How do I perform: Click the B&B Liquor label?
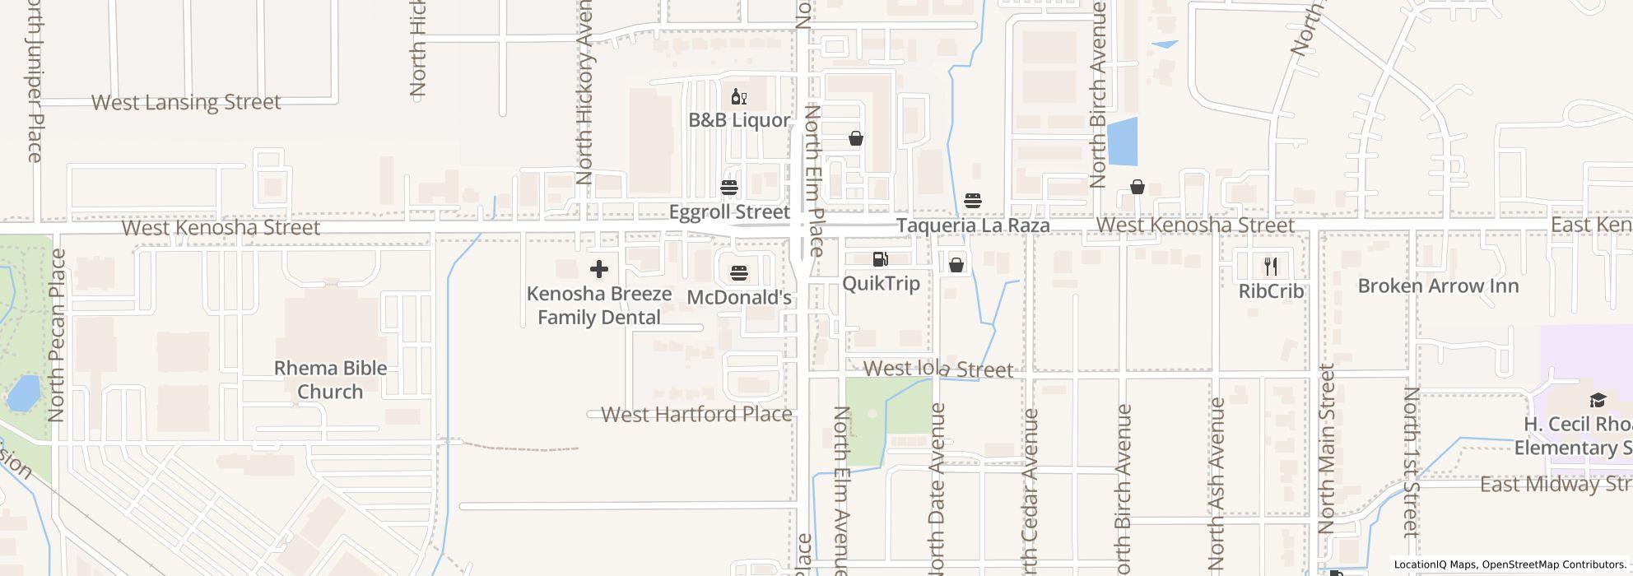tap(738, 120)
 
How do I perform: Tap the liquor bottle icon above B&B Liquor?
tap(738, 98)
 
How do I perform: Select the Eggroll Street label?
tap(728, 212)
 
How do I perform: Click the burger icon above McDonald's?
tap(738, 272)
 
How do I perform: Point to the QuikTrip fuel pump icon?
tap(880, 260)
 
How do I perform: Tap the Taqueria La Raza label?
tap(972, 225)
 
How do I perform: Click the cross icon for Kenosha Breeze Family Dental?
tap(599, 269)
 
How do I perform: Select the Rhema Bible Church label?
tap(330, 379)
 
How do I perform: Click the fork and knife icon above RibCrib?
tap(1271, 266)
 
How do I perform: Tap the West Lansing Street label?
tap(186, 103)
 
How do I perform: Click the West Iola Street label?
tap(938, 369)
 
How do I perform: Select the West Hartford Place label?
tap(696, 414)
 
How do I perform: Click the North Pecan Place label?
tap(57, 336)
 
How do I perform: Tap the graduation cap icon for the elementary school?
tap(1597, 401)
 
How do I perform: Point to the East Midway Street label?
tap(1555, 484)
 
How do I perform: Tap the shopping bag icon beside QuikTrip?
tap(956, 265)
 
